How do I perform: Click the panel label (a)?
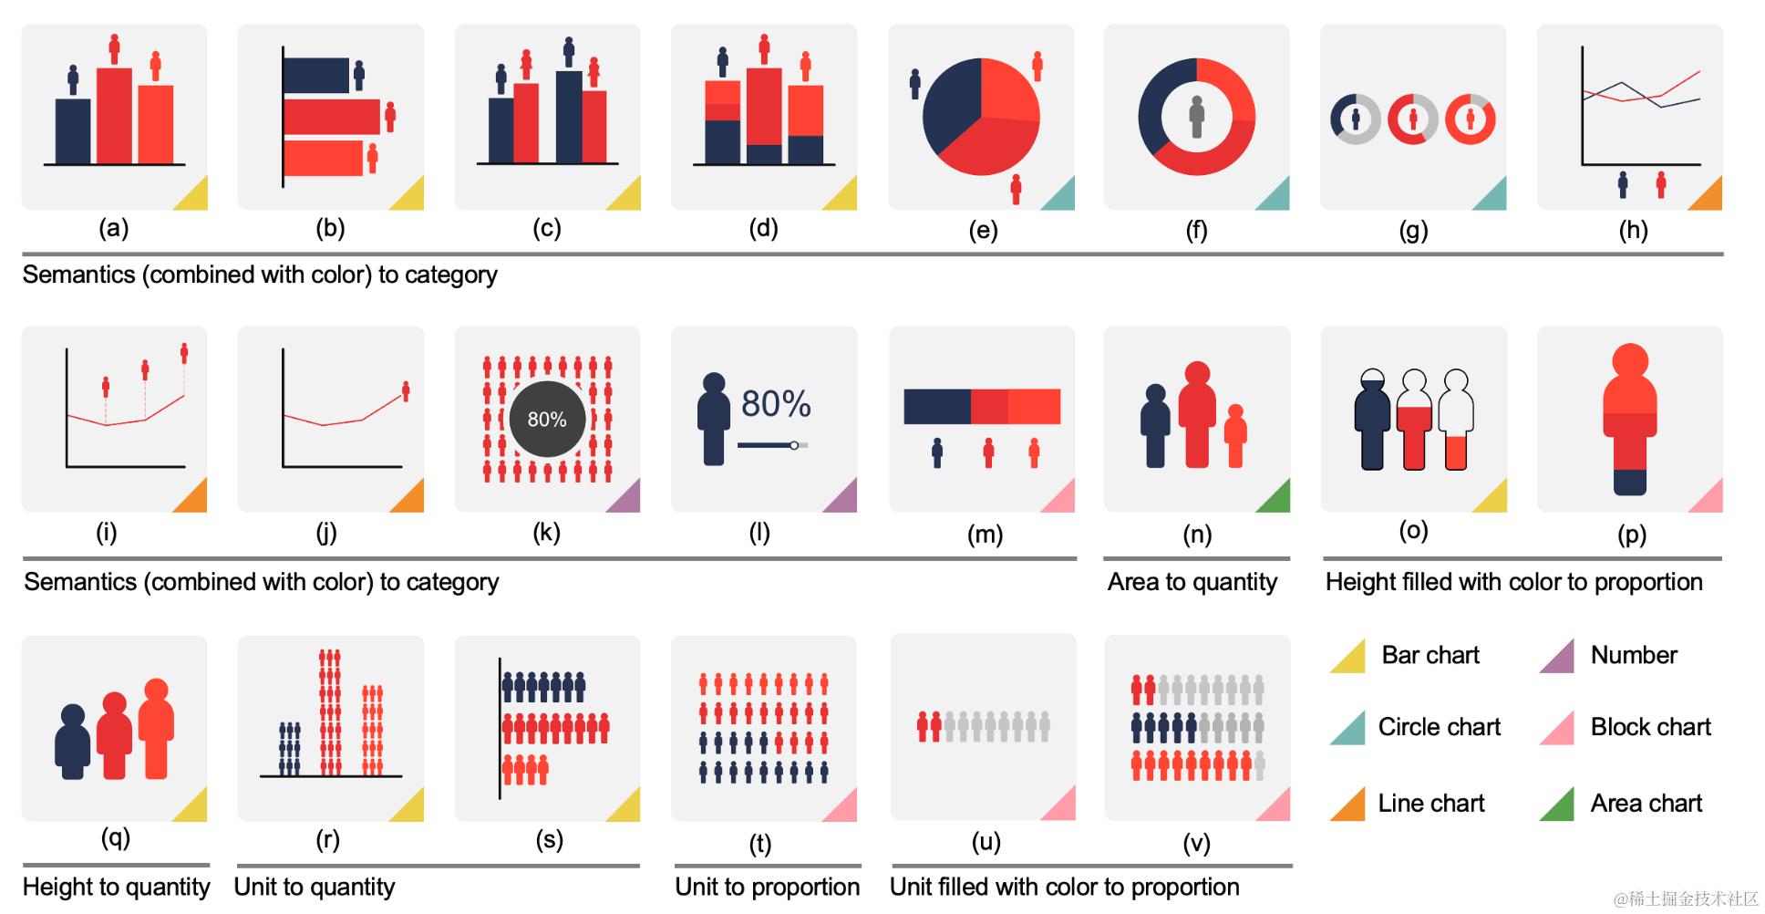pyautogui.click(x=113, y=228)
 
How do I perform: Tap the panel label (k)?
pyautogui.click(x=546, y=533)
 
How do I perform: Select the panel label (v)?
pyautogui.click(x=1196, y=843)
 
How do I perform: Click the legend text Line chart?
pyautogui.click(x=1430, y=803)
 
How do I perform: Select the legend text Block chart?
pyautogui.click(x=1650, y=727)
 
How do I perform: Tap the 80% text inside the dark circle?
pyautogui.click(x=547, y=420)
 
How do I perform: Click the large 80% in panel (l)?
pyautogui.click(x=776, y=404)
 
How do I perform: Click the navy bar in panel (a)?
pyautogui.click(x=73, y=131)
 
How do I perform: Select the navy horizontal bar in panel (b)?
pyautogui.click(x=316, y=76)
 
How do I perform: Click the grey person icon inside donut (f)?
pyautogui.click(x=1197, y=117)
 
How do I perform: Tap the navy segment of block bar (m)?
pyautogui.click(x=936, y=407)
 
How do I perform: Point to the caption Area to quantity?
pyautogui.click(x=1192, y=582)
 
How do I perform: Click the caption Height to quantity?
pyautogui.click(x=116, y=887)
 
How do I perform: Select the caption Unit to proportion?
pyautogui.click(x=767, y=887)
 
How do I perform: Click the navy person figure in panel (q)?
pyautogui.click(x=73, y=741)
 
